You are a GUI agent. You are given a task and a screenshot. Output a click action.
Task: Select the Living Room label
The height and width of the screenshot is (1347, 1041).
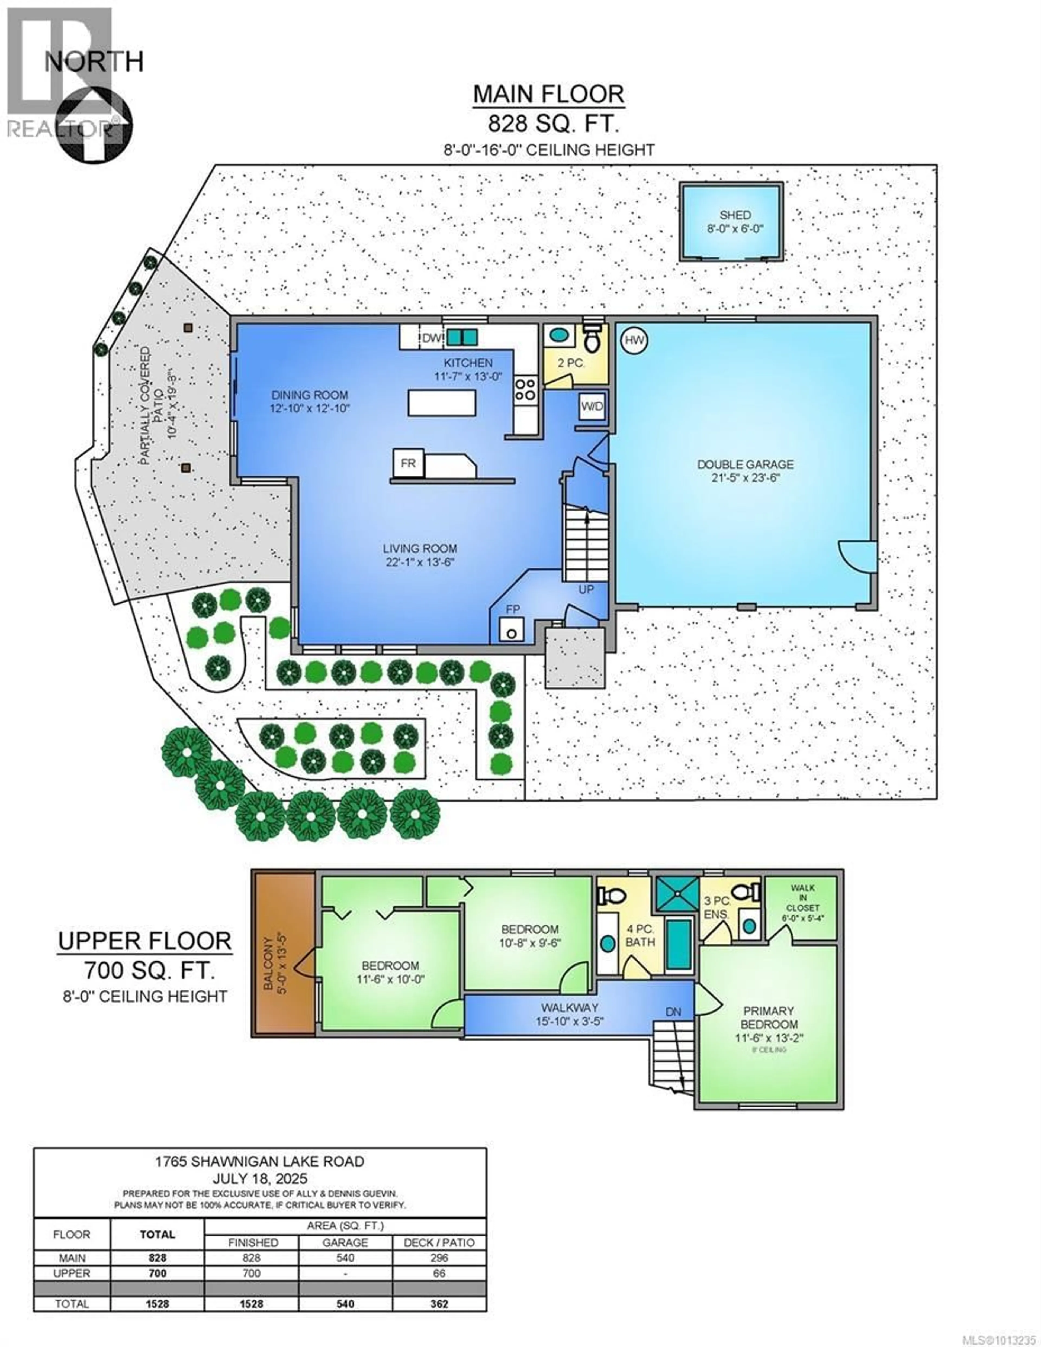(x=420, y=548)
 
